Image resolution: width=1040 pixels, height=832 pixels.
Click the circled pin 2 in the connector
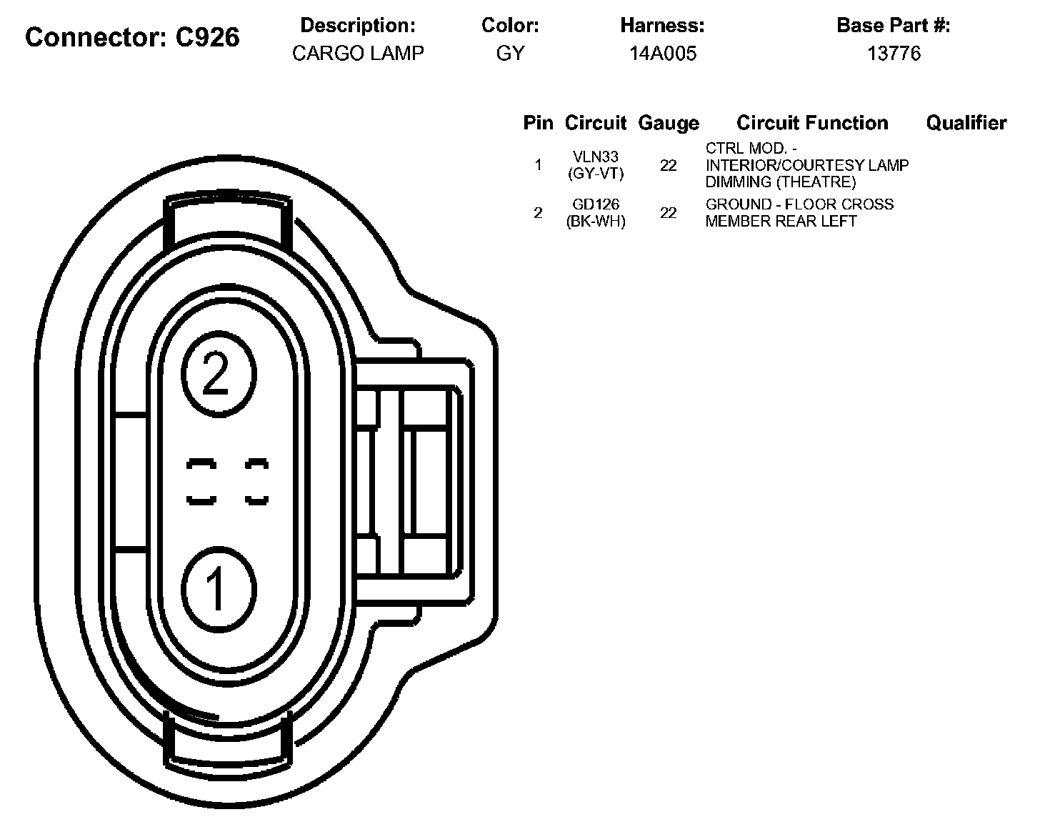pos(219,374)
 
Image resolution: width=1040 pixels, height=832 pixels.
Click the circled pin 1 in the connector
pos(219,590)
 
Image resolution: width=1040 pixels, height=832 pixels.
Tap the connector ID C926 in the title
pos(207,37)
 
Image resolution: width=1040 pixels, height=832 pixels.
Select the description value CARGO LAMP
pos(358,53)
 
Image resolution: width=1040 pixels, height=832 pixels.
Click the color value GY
pos(510,53)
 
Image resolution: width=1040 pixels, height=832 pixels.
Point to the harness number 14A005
pos(663,53)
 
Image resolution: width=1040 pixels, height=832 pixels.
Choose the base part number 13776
pos(894,53)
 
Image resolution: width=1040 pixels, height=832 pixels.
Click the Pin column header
pos(538,123)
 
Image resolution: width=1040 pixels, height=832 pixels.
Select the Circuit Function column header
pos(812,123)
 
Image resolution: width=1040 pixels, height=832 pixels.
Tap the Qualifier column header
pos(966,123)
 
